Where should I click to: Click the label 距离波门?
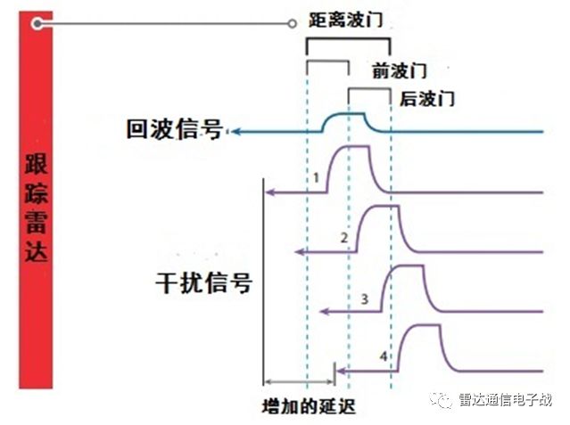[346, 20]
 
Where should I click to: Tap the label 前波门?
[399, 70]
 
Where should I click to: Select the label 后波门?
[427, 98]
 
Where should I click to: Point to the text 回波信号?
[175, 129]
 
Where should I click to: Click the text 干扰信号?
[203, 282]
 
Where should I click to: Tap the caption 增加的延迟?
[309, 406]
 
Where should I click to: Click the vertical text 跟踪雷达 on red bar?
[36, 208]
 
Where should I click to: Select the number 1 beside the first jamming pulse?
[317, 177]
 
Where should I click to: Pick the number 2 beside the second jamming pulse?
[344, 238]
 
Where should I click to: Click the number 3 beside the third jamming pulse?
[365, 299]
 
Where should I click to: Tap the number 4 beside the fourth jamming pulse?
[384, 356]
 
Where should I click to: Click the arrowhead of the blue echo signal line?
[235, 132]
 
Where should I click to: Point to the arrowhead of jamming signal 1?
[270, 192]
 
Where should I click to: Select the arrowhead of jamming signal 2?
[299, 252]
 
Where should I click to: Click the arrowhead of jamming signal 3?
[325, 311]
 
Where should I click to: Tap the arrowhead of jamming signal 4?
[341, 371]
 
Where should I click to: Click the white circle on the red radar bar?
[37, 24]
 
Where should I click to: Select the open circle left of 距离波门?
[292, 24]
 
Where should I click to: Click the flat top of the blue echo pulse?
[350, 114]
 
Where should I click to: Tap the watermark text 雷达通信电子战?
[505, 399]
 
